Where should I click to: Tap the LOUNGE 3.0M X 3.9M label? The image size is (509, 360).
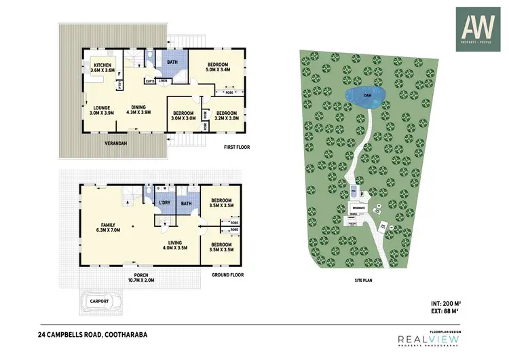tap(102, 110)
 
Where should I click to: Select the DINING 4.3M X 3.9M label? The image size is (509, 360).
tap(138, 110)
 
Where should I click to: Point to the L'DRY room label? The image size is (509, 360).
tap(164, 203)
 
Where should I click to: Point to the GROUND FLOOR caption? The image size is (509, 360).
tap(227, 275)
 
